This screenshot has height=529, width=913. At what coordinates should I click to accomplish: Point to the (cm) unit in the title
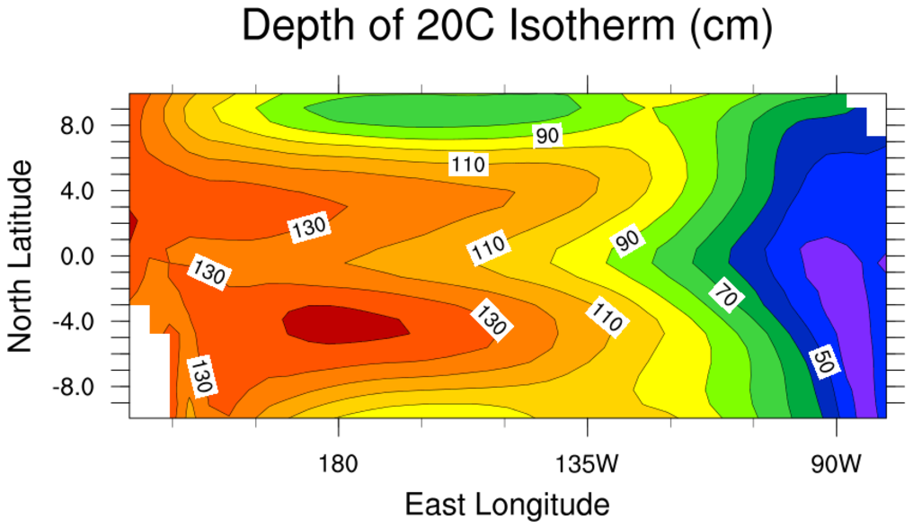tap(728, 30)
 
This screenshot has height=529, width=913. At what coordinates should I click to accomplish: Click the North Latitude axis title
tap(20, 256)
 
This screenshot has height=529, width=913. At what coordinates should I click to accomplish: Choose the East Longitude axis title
tap(508, 503)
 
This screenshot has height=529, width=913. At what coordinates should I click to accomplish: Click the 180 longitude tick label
tap(338, 465)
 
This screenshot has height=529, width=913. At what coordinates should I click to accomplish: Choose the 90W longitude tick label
tap(837, 465)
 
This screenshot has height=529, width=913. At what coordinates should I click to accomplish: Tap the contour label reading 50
tap(822, 361)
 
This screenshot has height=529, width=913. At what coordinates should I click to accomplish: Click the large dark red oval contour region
tap(346, 324)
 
